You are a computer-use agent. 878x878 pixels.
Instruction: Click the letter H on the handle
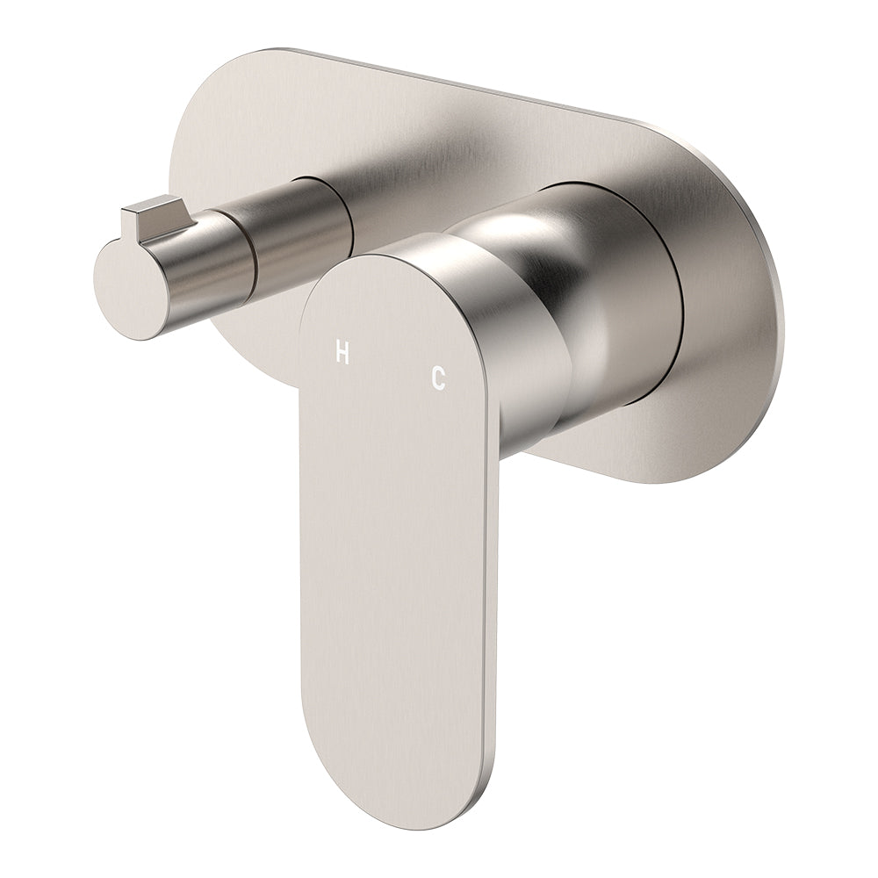[342, 354]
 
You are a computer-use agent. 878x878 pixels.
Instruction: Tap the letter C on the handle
[438, 378]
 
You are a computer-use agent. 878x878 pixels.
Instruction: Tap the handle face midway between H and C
[391, 366]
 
